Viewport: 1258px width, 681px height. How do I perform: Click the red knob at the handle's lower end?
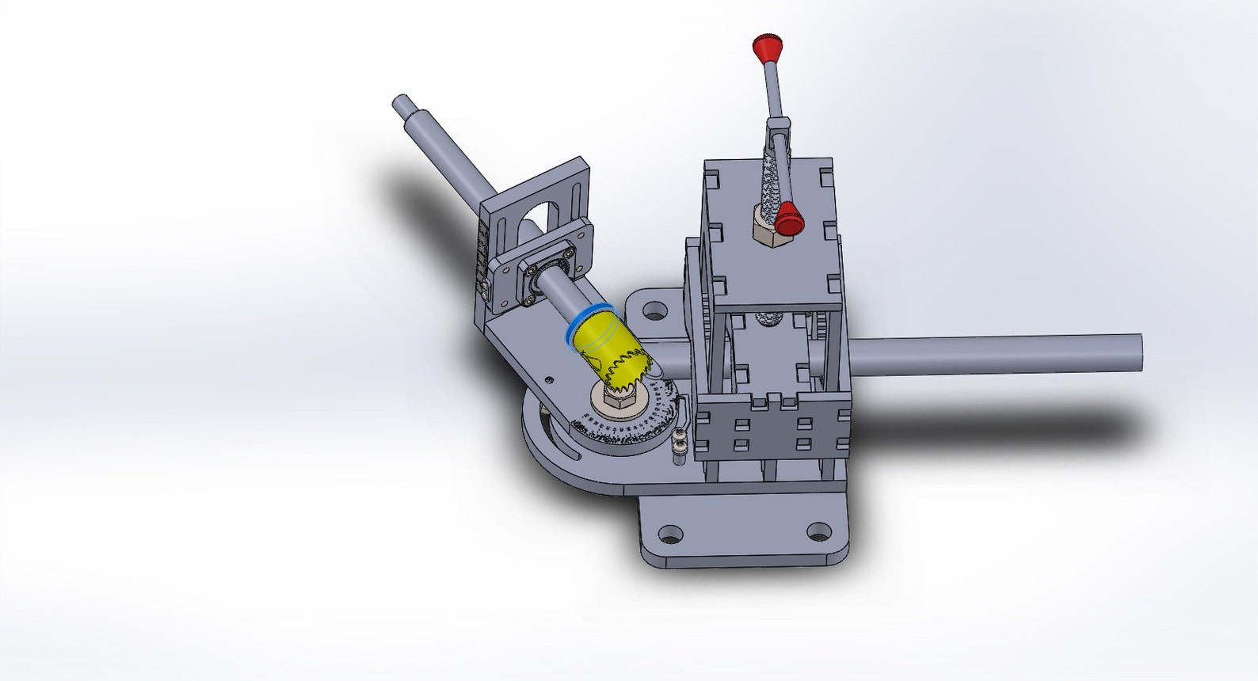pyautogui.click(x=788, y=218)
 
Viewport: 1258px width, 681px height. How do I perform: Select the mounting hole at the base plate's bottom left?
pyautogui.click(x=671, y=534)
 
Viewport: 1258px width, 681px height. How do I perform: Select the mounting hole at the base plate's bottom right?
pyautogui.click(x=818, y=532)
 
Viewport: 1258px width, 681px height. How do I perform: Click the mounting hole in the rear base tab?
pyautogui.click(x=654, y=310)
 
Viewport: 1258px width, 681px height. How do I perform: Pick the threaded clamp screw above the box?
pyautogui.click(x=768, y=182)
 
